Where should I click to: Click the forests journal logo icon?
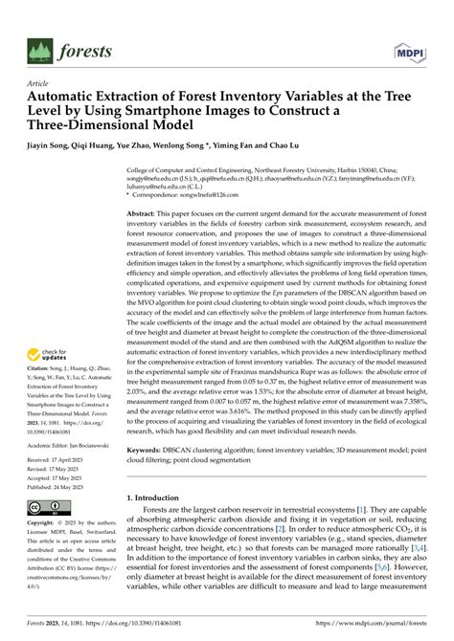pyautogui.click(x=42, y=50)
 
